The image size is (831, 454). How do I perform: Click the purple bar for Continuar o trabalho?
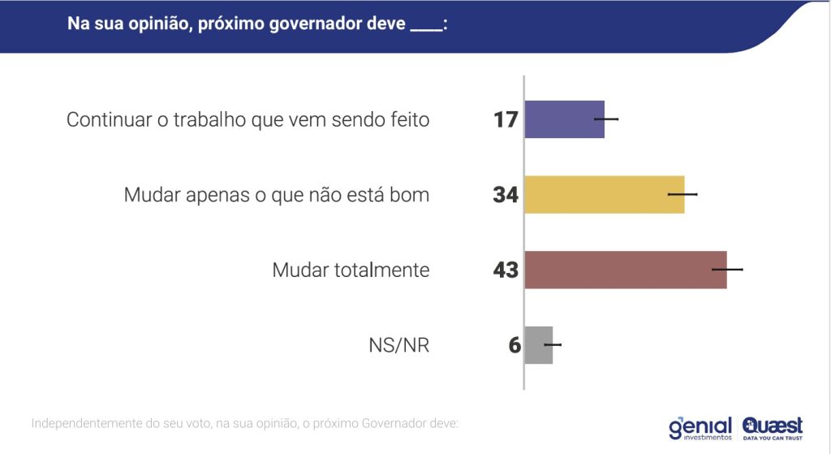pos(564,119)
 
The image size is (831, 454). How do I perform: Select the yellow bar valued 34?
pos(604,195)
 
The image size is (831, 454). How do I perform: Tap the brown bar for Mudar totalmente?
pos(625,270)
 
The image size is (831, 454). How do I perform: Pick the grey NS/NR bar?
pos(538,345)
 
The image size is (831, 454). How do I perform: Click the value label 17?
pos(506,120)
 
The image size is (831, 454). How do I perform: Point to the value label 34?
pos(506,195)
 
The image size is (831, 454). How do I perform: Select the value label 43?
pos(506,270)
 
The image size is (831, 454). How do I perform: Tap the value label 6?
pos(514,345)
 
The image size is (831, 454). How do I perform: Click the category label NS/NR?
pos(398,345)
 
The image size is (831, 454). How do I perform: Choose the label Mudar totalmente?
pos(351,270)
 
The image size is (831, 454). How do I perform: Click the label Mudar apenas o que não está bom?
pos(276,195)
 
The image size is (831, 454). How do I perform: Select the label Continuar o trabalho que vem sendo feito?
pos(248,120)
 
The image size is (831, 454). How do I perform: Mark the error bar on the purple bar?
pos(606,119)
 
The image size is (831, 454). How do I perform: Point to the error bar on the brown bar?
pos(727,269)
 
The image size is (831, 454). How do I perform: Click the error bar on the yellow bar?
pos(682,195)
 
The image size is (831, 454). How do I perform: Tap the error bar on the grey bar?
pos(552,345)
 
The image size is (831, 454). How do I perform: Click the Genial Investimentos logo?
pos(700,427)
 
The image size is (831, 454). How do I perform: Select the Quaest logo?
pos(772,427)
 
